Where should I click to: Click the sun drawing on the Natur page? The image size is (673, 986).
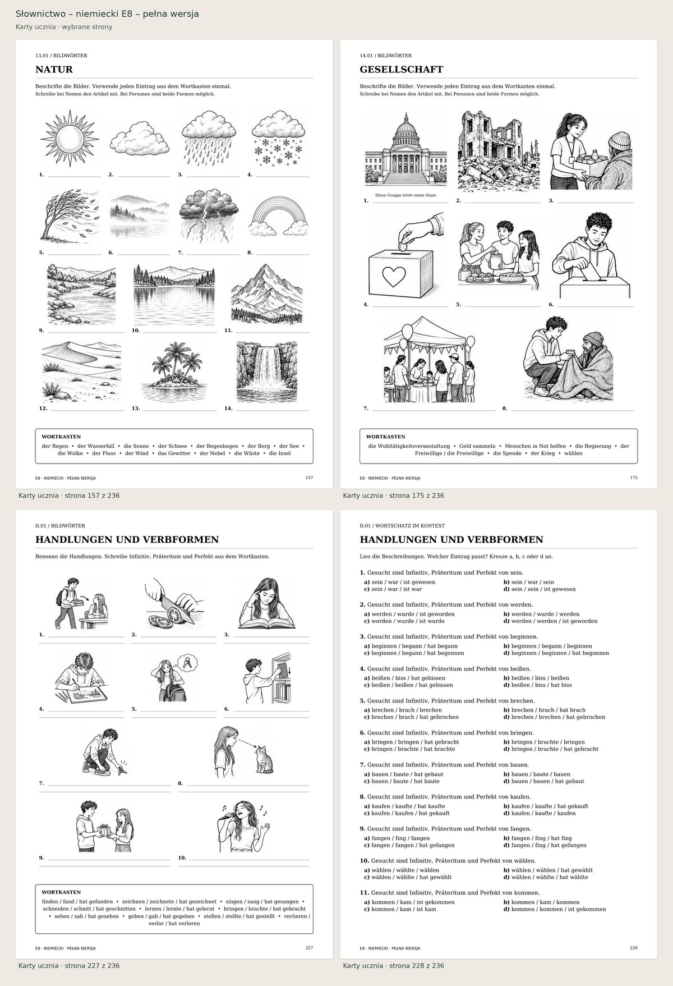(70, 138)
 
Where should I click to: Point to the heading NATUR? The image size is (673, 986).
(54, 70)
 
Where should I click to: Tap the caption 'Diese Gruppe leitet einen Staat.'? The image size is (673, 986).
(405, 195)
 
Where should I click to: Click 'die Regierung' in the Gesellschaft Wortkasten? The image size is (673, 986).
(593, 446)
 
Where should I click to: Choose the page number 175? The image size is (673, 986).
(634, 478)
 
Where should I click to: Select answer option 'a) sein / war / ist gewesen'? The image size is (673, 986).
(399, 582)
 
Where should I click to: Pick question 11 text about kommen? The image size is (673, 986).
(450, 892)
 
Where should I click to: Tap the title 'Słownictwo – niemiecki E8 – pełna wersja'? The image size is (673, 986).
(107, 13)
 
